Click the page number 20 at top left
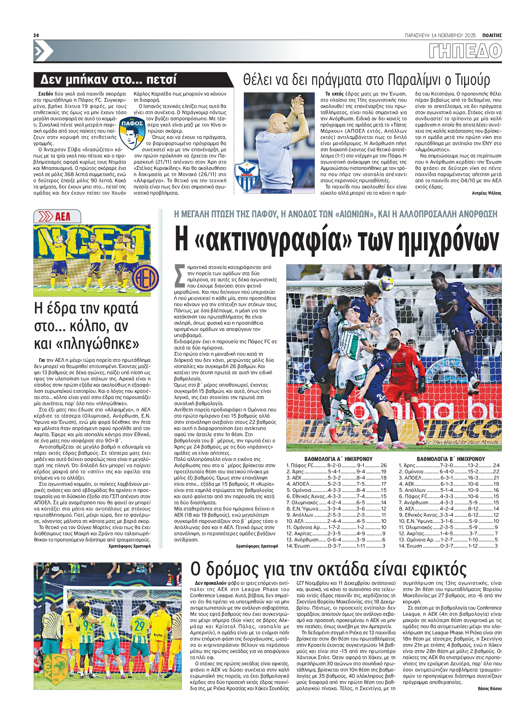[36, 35]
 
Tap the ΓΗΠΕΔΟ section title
[465, 51]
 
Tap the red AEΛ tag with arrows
[57, 217]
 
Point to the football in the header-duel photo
[386, 283]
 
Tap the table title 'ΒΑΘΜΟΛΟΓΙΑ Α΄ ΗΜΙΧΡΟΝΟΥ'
[338, 459]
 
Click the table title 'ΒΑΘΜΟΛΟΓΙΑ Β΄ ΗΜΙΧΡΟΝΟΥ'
[451, 459]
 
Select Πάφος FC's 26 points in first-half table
[383, 465]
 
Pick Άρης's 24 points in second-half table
[496, 465]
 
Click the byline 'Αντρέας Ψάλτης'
[487, 193]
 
